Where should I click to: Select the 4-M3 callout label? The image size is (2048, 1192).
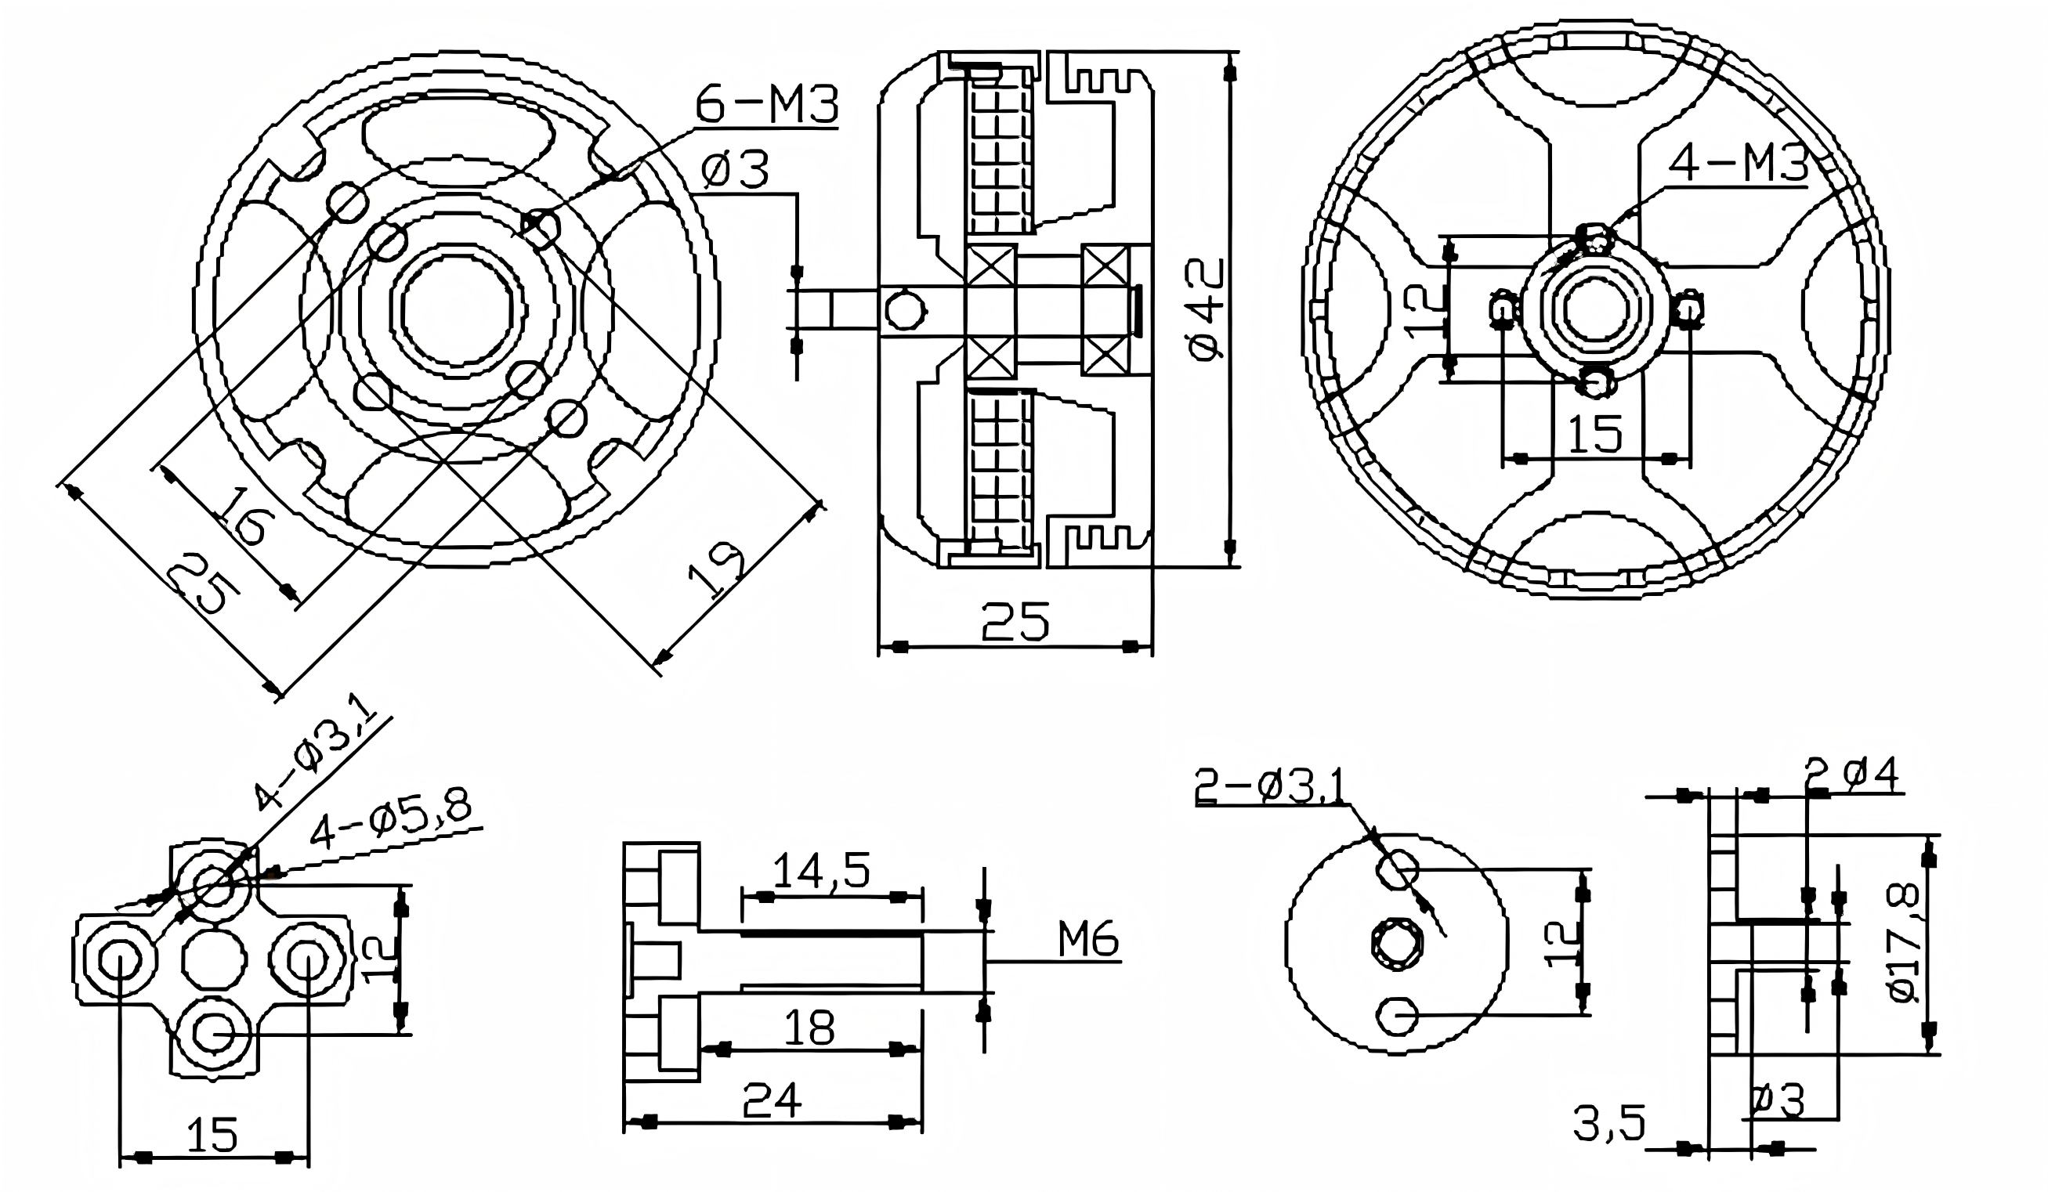(1738, 166)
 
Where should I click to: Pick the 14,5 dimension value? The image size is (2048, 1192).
(821, 870)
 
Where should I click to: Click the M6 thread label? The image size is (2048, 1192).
(1087, 941)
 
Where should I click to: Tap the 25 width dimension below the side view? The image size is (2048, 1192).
(1015, 622)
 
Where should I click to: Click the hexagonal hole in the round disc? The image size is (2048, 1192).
(1397, 947)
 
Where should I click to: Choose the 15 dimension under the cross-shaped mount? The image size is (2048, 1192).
(213, 1134)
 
